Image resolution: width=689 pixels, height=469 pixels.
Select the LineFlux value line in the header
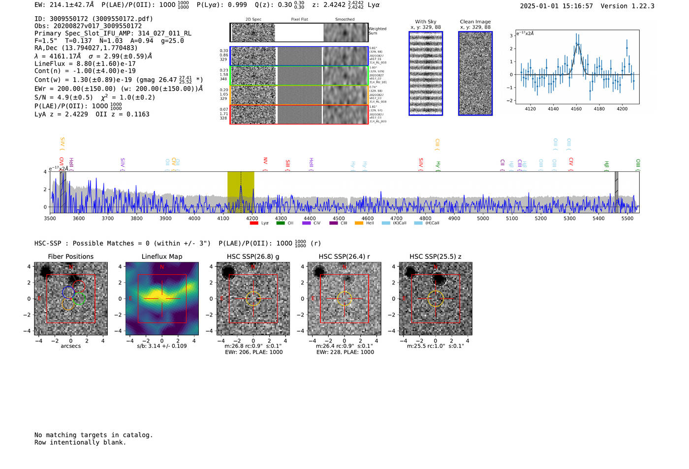tap(85, 63)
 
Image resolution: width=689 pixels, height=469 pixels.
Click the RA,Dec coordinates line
tap(86, 48)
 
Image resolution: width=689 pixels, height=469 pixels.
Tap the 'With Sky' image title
tap(426, 22)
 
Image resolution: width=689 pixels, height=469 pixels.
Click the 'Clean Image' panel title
tap(475, 22)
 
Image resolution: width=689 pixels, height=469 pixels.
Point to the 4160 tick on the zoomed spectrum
tap(576, 108)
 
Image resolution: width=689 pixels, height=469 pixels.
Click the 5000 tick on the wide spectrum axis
tap(483, 218)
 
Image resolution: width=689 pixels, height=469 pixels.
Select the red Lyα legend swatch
tap(254, 223)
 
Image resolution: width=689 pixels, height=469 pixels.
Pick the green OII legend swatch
tap(281, 223)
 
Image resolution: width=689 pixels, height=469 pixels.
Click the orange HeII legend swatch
tap(359, 223)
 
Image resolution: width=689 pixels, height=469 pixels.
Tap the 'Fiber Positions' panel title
tap(70, 256)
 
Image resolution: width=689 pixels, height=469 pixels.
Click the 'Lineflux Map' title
tap(162, 256)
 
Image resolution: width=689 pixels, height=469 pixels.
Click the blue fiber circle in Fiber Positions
tap(68, 292)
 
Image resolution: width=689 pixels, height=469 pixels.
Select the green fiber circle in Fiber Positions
tap(79, 298)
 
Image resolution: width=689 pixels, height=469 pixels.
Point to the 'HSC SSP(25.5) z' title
tap(436, 256)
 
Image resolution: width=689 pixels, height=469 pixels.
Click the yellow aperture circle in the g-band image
tap(253, 299)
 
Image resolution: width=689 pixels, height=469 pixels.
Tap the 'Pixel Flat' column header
tap(299, 20)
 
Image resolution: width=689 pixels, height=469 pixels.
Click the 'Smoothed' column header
tap(344, 20)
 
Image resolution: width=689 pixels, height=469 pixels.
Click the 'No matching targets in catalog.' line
tap(94, 435)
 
